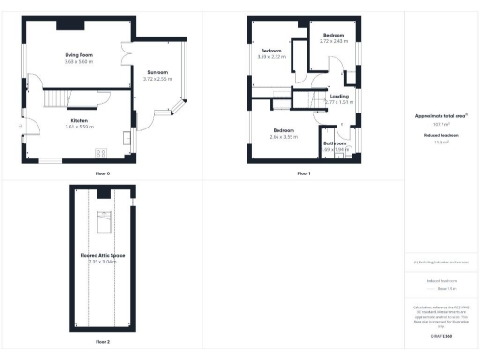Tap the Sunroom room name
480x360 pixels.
point(156,73)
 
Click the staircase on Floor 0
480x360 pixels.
point(59,97)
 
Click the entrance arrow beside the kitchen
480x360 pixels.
point(19,126)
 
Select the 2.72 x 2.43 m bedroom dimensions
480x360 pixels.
point(334,41)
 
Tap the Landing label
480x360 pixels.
point(338,96)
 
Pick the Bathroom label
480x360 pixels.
point(335,143)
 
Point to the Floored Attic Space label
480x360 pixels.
point(102,255)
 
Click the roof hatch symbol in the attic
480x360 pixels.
point(105,222)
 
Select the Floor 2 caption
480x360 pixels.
point(101,342)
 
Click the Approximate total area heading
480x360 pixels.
point(441,116)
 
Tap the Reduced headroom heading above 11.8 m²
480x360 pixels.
point(441,135)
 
